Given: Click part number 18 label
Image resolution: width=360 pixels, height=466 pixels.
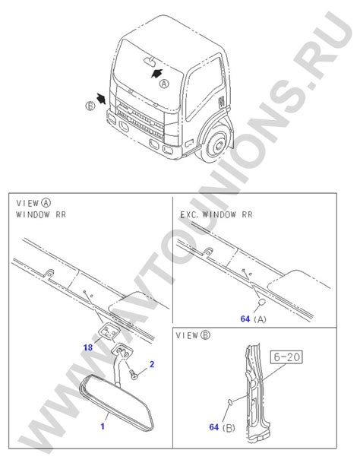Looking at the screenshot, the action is point(88,347).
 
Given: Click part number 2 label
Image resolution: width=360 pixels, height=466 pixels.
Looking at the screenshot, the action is point(152,364).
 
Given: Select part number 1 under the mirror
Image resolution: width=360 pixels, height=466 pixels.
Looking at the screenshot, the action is point(103,426).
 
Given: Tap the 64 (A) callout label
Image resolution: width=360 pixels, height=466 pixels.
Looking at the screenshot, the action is point(254,319).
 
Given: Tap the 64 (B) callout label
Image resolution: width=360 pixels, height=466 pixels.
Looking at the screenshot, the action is point(223,427).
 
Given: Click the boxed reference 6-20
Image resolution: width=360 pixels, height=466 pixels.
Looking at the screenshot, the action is point(286,357).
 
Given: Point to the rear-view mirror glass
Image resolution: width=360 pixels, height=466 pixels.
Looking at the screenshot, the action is point(117,401).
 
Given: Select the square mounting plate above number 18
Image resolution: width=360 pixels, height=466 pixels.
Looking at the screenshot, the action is point(109,331).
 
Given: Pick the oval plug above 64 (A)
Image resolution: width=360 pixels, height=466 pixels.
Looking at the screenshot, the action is point(262,303).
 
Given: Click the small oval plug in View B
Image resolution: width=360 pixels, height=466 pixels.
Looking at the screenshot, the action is point(230,402).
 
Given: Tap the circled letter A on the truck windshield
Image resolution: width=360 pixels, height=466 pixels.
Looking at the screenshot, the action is point(164,84).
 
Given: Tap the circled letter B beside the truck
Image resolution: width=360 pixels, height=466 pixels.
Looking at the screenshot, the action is point(90,106).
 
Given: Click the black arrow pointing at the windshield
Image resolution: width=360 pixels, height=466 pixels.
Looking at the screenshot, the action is point(156,73).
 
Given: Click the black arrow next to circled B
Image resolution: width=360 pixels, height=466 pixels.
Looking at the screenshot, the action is point(101,98).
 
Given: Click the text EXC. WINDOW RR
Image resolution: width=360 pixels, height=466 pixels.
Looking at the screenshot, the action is point(216,214).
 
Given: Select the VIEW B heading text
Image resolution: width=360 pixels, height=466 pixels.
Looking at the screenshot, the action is point(193,335).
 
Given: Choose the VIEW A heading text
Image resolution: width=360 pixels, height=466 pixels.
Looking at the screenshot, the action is point(33,203).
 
